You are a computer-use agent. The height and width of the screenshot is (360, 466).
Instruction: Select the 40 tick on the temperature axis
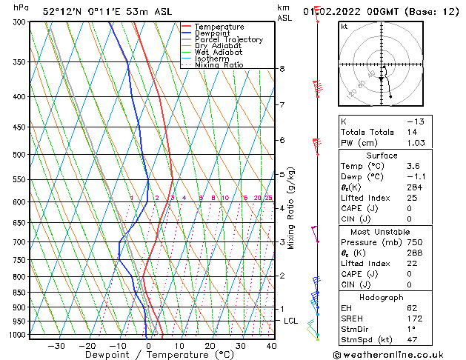(x=271, y=345)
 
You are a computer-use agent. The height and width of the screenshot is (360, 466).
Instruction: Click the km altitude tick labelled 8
(x=282, y=69)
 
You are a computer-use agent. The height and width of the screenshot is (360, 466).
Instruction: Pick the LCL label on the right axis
(x=290, y=321)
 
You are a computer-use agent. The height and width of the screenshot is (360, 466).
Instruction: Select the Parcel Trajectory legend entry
(x=228, y=40)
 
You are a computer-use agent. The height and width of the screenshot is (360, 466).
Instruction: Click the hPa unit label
(x=21, y=7)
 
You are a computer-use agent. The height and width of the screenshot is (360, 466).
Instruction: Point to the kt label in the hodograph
(x=344, y=26)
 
